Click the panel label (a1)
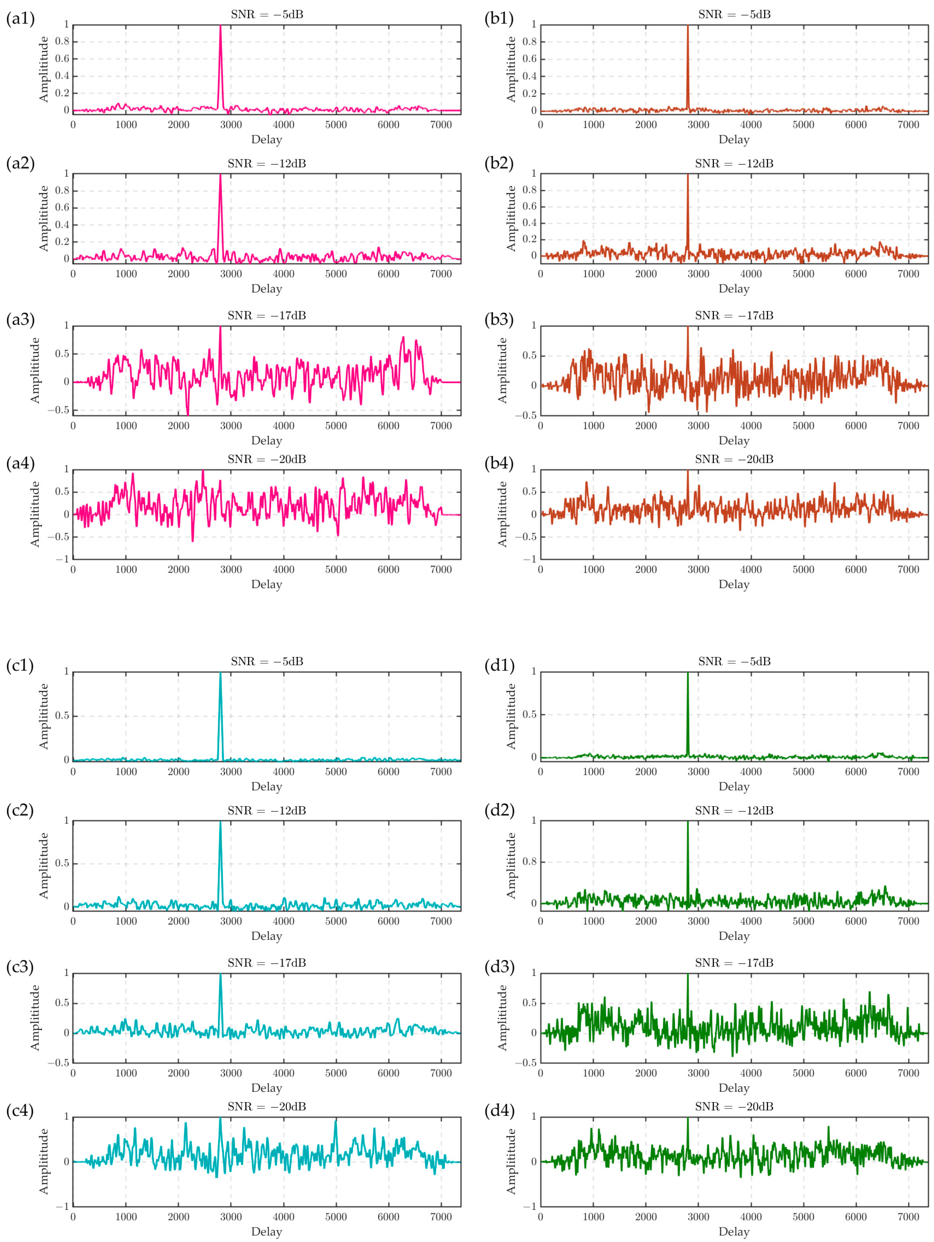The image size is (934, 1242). click(20, 19)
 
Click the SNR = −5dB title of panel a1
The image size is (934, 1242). click(267, 15)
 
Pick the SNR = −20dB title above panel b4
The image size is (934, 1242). click(734, 459)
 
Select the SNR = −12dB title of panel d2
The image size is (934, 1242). click(734, 810)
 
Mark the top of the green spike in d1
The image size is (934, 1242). click(688, 673)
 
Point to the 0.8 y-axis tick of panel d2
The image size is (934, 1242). click(529, 861)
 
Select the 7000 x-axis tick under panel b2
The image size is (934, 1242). click(908, 274)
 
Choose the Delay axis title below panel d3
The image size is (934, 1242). click(734, 1088)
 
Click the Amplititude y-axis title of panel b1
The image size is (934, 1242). click(511, 69)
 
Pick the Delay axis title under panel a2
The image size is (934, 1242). click(267, 289)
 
